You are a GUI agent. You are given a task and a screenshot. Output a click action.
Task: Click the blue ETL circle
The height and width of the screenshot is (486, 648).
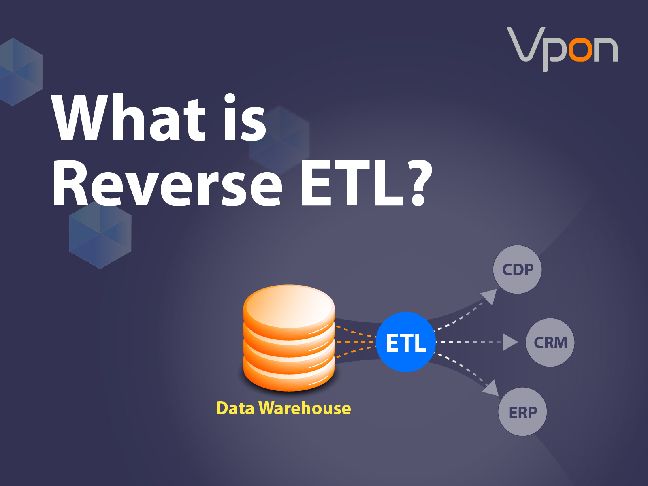pyautogui.click(x=406, y=342)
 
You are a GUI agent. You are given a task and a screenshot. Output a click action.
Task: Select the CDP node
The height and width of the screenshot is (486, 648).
pyautogui.click(x=517, y=269)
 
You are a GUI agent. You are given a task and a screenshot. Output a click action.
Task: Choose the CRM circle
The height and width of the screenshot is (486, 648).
pyautogui.click(x=550, y=343)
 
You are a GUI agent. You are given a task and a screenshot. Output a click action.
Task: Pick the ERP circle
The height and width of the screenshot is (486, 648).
pyautogui.click(x=522, y=412)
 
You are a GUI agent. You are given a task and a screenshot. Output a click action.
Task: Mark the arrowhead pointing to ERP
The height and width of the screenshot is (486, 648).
pyautogui.click(x=492, y=388)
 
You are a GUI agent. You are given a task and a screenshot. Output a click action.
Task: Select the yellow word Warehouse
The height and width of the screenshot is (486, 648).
pyautogui.click(x=305, y=408)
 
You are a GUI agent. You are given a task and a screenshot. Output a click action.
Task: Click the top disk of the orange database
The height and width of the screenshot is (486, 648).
pyautogui.click(x=289, y=306)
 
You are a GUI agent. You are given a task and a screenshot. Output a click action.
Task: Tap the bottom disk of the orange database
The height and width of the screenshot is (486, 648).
pyautogui.click(x=289, y=377)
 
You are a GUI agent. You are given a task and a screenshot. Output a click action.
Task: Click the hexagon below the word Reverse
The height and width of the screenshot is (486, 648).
pyautogui.click(x=100, y=235)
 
